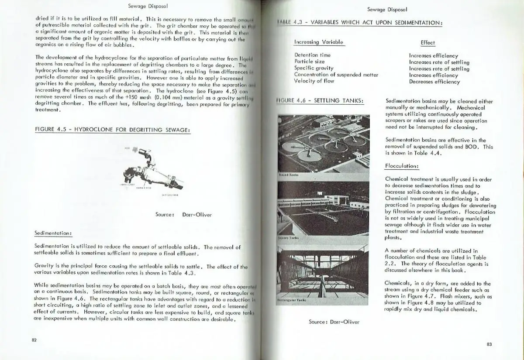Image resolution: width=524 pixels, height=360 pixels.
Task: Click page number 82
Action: tap(34, 340)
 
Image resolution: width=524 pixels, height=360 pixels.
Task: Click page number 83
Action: tap(489, 344)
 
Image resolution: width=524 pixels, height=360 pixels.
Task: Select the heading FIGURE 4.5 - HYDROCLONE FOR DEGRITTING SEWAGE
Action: tap(112, 130)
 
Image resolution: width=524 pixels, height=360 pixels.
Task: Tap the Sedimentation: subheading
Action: tap(53, 233)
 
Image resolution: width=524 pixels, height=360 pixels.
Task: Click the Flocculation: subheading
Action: tap(402, 166)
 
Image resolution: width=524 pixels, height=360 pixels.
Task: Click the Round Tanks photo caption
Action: tap(289, 175)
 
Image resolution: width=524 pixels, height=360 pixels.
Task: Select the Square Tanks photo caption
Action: tap(289, 238)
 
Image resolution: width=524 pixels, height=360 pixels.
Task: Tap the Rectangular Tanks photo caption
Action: tap(292, 300)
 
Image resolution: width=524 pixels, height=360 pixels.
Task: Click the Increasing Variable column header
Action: tap(319, 42)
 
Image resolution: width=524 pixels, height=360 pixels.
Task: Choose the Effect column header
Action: tap(428, 43)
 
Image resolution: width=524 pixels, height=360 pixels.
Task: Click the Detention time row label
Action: tap(312, 55)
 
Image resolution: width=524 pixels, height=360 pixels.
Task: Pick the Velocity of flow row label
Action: tap(314, 81)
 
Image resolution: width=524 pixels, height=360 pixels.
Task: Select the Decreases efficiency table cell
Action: tap(434, 82)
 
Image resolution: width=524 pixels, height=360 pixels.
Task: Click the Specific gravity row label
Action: tap(314, 68)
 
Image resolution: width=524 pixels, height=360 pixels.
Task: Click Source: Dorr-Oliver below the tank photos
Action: tap(334, 322)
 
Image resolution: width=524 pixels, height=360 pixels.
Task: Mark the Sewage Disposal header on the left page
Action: tap(148, 7)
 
